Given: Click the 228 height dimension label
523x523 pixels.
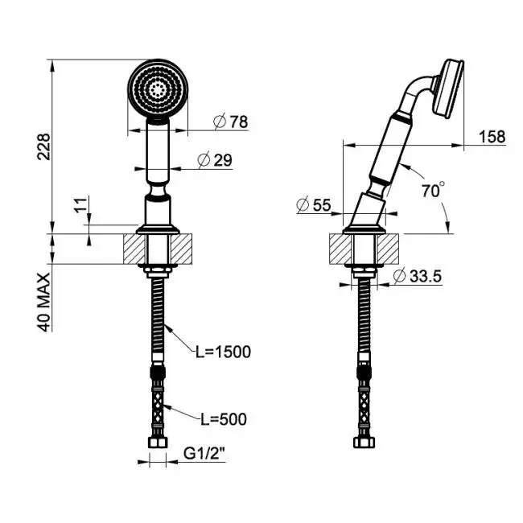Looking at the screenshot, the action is click(43, 146).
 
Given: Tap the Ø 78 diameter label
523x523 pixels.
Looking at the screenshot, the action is click(230, 121).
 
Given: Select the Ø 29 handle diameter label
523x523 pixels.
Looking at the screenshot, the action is click(215, 160).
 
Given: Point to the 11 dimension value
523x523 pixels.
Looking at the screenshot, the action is click(80, 205).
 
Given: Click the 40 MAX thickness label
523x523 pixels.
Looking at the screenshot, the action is click(43, 303).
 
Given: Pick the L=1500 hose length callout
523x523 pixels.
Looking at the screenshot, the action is click(223, 352).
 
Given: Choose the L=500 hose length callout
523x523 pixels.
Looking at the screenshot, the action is click(223, 419).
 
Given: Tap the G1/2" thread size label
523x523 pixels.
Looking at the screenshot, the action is click(204, 454).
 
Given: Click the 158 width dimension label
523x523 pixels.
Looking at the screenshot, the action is click(492, 137).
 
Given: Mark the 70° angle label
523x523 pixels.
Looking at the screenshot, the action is click(433, 190).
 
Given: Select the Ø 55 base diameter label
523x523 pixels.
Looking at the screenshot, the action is click(314, 205).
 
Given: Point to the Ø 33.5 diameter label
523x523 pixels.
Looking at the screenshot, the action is click(418, 276).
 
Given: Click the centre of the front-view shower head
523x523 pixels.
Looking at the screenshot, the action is click(158, 89).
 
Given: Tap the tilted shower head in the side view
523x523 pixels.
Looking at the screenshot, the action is click(447, 89).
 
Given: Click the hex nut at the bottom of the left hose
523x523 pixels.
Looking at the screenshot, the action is click(158, 443).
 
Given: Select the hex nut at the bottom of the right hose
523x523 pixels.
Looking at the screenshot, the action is click(364, 443).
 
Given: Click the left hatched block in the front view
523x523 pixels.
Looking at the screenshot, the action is click(134, 249).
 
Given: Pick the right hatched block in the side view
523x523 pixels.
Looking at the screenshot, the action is click(388, 249).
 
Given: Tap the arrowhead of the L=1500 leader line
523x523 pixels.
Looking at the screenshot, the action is click(167, 327).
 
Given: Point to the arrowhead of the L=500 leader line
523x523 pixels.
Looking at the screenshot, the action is click(167, 406).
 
